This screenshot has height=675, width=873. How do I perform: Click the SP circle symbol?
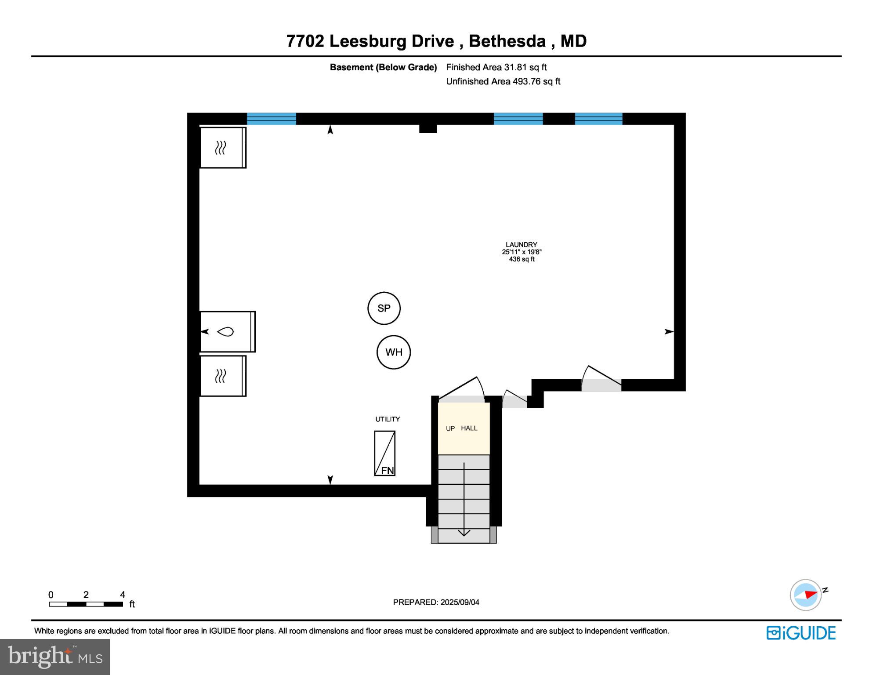pyautogui.click(x=384, y=308)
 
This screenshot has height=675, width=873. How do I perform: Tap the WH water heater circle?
pyautogui.click(x=393, y=352)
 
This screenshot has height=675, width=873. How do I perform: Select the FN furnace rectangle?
pyautogui.click(x=384, y=453)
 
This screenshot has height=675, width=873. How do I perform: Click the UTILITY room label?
pyautogui.click(x=387, y=419)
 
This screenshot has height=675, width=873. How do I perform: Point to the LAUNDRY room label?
pyautogui.click(x=521, y=245)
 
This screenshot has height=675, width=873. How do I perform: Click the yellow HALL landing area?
pyautogui.click(x=464, y=428)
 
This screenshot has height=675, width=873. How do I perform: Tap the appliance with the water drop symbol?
pyautogui.click(x=227, y=332)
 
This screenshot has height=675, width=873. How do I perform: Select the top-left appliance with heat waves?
pyautogui.click(x=222, y=148)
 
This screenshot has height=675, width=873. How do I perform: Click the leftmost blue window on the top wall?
pyautogui.click(x=271, y=119)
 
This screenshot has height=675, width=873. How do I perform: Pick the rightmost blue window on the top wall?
pyautogui.click(x=598, y=119)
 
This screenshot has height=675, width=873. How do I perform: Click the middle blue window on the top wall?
pyautogui.click(x=518, y=119)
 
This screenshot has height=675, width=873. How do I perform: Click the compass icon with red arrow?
pyautogui.click(x=806, y=595)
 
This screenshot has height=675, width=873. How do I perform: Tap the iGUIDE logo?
pyautogui.click(x=801, y=633)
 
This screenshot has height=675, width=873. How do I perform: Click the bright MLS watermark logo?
pyautogui.click(x=55, y=657)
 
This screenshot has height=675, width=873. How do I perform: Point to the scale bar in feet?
pyautogui.click(x=86, y=604)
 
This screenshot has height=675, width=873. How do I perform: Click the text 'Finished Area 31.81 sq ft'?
pyautogui.click(x=496, y=67)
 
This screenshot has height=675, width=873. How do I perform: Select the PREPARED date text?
pyautogui.click(x=436, y=602)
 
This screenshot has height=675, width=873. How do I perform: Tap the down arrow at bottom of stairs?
pyautogui.click(x=464, y=533)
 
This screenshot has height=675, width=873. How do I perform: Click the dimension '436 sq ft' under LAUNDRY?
pyautogui.click(x=522, y=259)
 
